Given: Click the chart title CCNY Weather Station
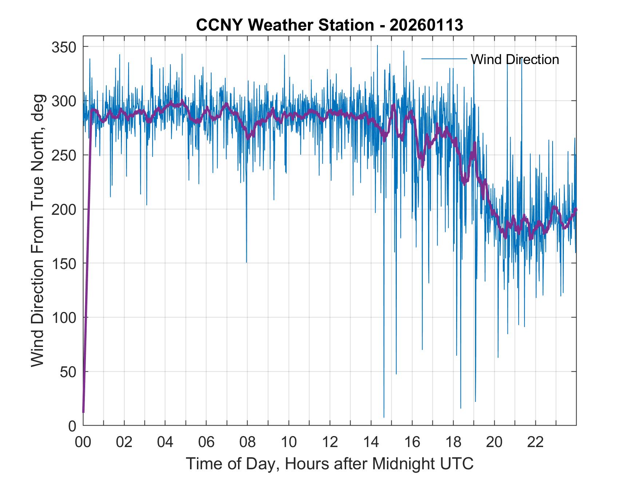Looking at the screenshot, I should pyautogui.click(x=329, y=25).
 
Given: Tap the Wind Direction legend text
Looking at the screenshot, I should pyautogui.click(x=515, y=59).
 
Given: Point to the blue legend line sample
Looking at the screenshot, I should pyautogui.click(x=444, y=59).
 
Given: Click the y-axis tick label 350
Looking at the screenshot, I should pyautogui.click(x=64, y=47).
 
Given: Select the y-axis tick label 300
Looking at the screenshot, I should pyautogui.click(x=64, y=101).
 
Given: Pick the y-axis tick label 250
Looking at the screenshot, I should pyautogui.click(x=64, y=155).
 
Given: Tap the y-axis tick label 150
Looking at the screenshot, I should pyautogui.click(x=64, y=264).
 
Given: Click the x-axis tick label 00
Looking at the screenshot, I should pyautogui.click(x=83, y=442).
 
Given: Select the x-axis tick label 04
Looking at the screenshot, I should pyautogui.click(x=165, y=442).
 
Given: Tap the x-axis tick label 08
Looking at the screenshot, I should pyautogui.click(x=248, y=442).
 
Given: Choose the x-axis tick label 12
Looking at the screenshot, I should pyautogui.click(x=330, y=442).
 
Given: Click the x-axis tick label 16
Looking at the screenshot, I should pyautogui.click(x=412, y=442).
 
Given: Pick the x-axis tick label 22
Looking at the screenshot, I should pyautogui.click(x=535, y=442).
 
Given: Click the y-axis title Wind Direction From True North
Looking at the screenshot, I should pyautogui.click(x=37, y=230).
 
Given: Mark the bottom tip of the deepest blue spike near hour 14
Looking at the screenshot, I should pyautogui.click(x=384, y=417).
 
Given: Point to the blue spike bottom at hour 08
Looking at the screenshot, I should pyautogui.click(x=246, y=262).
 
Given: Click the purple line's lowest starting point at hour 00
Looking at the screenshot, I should pyautogui.click(x=83, y=412).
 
